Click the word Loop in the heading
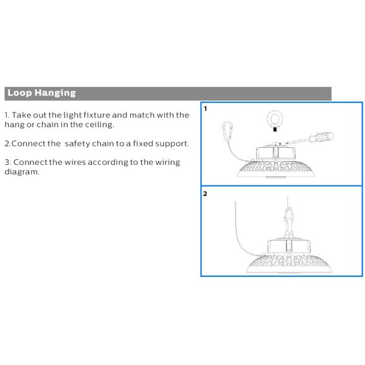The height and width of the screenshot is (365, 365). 19,93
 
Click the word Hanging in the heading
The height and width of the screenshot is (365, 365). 55,93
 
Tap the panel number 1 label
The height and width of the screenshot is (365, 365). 206,109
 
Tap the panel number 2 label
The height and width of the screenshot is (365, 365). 206,194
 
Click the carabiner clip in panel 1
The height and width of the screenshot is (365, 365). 229,131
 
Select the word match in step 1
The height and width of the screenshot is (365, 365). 145,115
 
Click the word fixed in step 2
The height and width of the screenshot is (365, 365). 148,144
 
